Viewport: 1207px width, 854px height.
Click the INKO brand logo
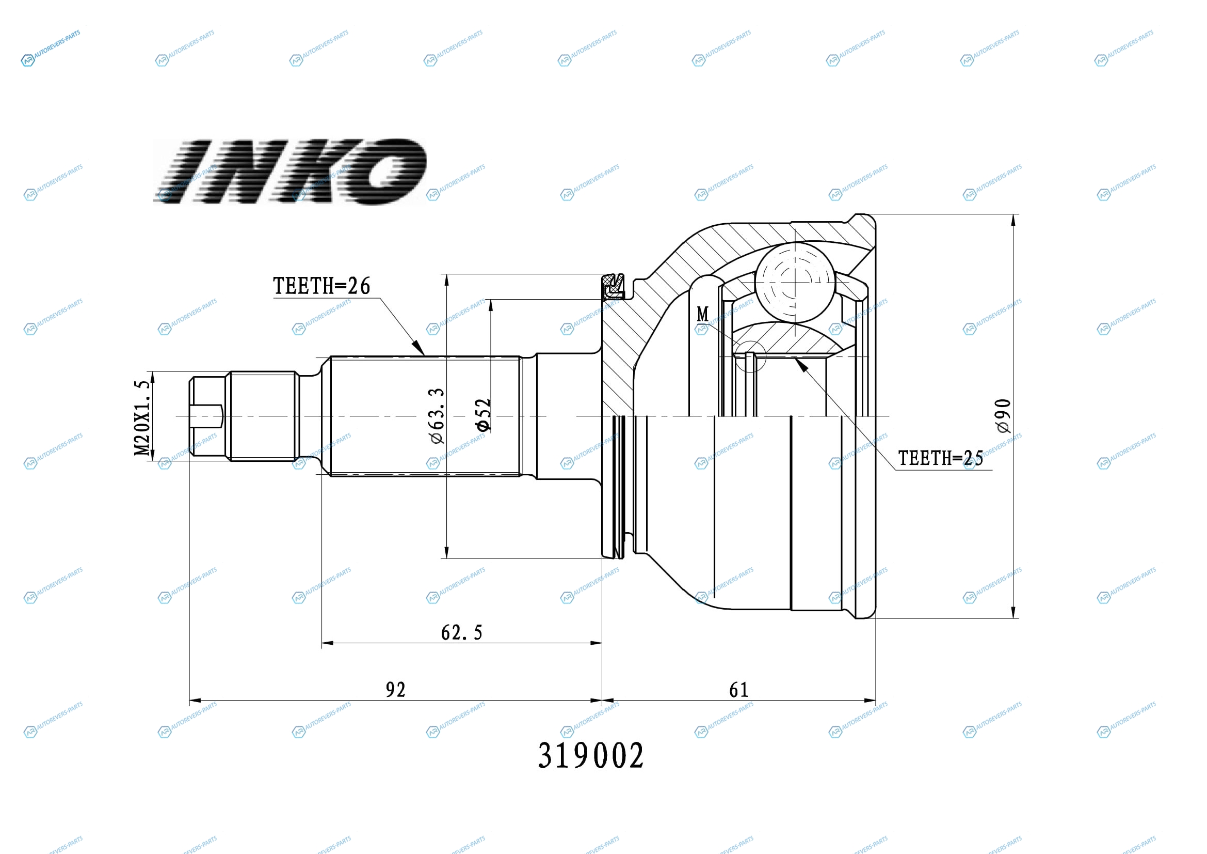click(x=289, y=172)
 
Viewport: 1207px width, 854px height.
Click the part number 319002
click(x=590, y=756)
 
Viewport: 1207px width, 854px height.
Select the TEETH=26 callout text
click(x=321, y=286)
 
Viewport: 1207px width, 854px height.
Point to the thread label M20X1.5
click(x=142, y=418)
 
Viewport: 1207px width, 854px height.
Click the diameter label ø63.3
click(x=438, y=416)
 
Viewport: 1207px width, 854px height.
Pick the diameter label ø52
click(x=482, y=415)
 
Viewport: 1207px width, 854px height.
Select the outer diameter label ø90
click(x=1003, y=416)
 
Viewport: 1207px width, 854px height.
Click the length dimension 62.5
click(x=461, y=632)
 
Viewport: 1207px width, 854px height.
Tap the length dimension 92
click(x=395, y=690)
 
